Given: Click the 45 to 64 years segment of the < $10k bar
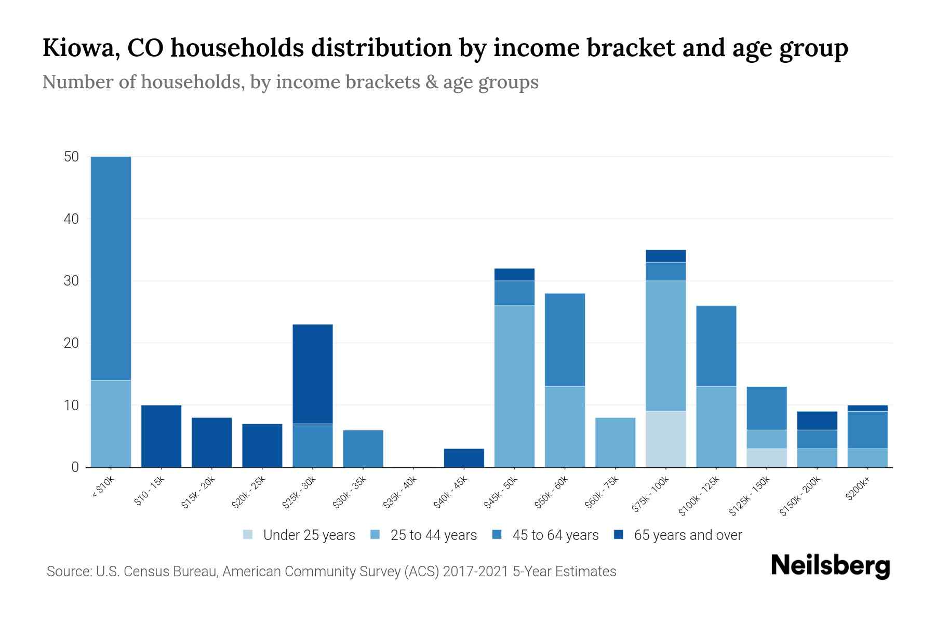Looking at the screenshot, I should [111, 268].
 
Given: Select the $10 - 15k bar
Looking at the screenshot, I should [161, 436].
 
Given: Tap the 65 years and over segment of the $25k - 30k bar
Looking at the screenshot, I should [313, 374].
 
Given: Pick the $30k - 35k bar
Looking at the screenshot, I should [363, 449].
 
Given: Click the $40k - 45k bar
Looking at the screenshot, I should [464, 458].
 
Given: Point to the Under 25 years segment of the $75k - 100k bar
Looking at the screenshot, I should [665, 439].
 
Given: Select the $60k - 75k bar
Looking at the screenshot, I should [615, 442].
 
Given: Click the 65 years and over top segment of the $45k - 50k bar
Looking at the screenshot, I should [514, 274].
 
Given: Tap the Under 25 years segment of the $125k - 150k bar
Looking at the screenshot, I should [766, 458].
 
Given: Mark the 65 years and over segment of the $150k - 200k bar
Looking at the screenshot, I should [817, 421].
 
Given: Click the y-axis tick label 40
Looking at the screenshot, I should [72, 219].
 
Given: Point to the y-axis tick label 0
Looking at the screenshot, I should [75, 467].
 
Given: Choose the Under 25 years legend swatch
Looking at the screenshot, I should [248, 535].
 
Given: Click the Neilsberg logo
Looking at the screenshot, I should [830, 566].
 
